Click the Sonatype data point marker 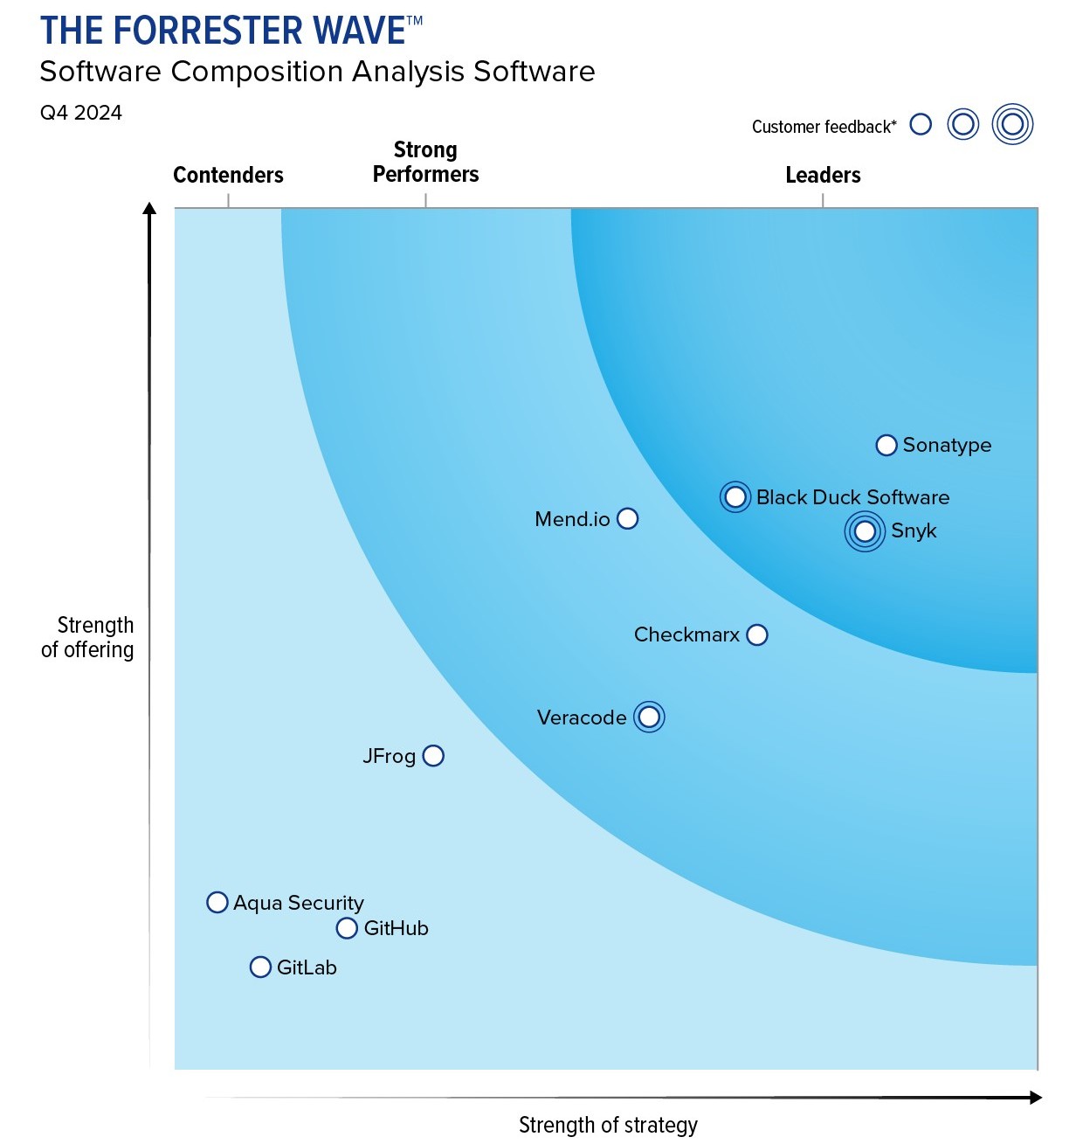(x=886, y=446)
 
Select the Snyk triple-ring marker (x=865, y=531)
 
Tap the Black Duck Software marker (x=735, y=497)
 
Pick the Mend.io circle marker (x=627, y=519)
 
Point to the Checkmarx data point (x=757, y=634)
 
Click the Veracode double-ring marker (x=649, y=718)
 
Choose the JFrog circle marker (x=433, y=756)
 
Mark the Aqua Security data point (x=217, y=902)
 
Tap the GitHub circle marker (x=347, y=928)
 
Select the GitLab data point (x=260, y=967)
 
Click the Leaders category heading (x=823, y=175)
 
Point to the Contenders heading (x=228, y=175)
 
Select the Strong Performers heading (x=425, y=163)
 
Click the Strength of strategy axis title (x=608, y=1125)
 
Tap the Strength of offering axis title (x=88, y=637)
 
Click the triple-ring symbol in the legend (x=1012, y=124)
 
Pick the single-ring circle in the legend (x=921, y=124)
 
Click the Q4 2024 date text (x=81, y=113)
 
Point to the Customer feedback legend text (x=824, y=127)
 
